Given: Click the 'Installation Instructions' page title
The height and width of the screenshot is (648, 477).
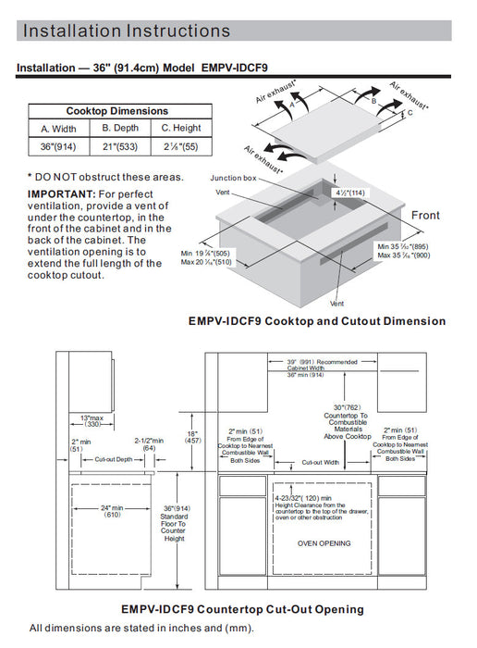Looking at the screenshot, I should click(x=126, y=31).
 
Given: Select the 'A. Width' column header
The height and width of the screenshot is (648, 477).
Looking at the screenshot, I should click(x=58, y=128).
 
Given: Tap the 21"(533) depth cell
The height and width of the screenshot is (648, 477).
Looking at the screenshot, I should click(x=118, y=146).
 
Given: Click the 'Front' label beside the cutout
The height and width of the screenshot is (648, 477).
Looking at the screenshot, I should click(x=425, y=216).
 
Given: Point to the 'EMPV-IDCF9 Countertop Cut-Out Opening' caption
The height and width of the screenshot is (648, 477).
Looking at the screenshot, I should click(x=242, y=609).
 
